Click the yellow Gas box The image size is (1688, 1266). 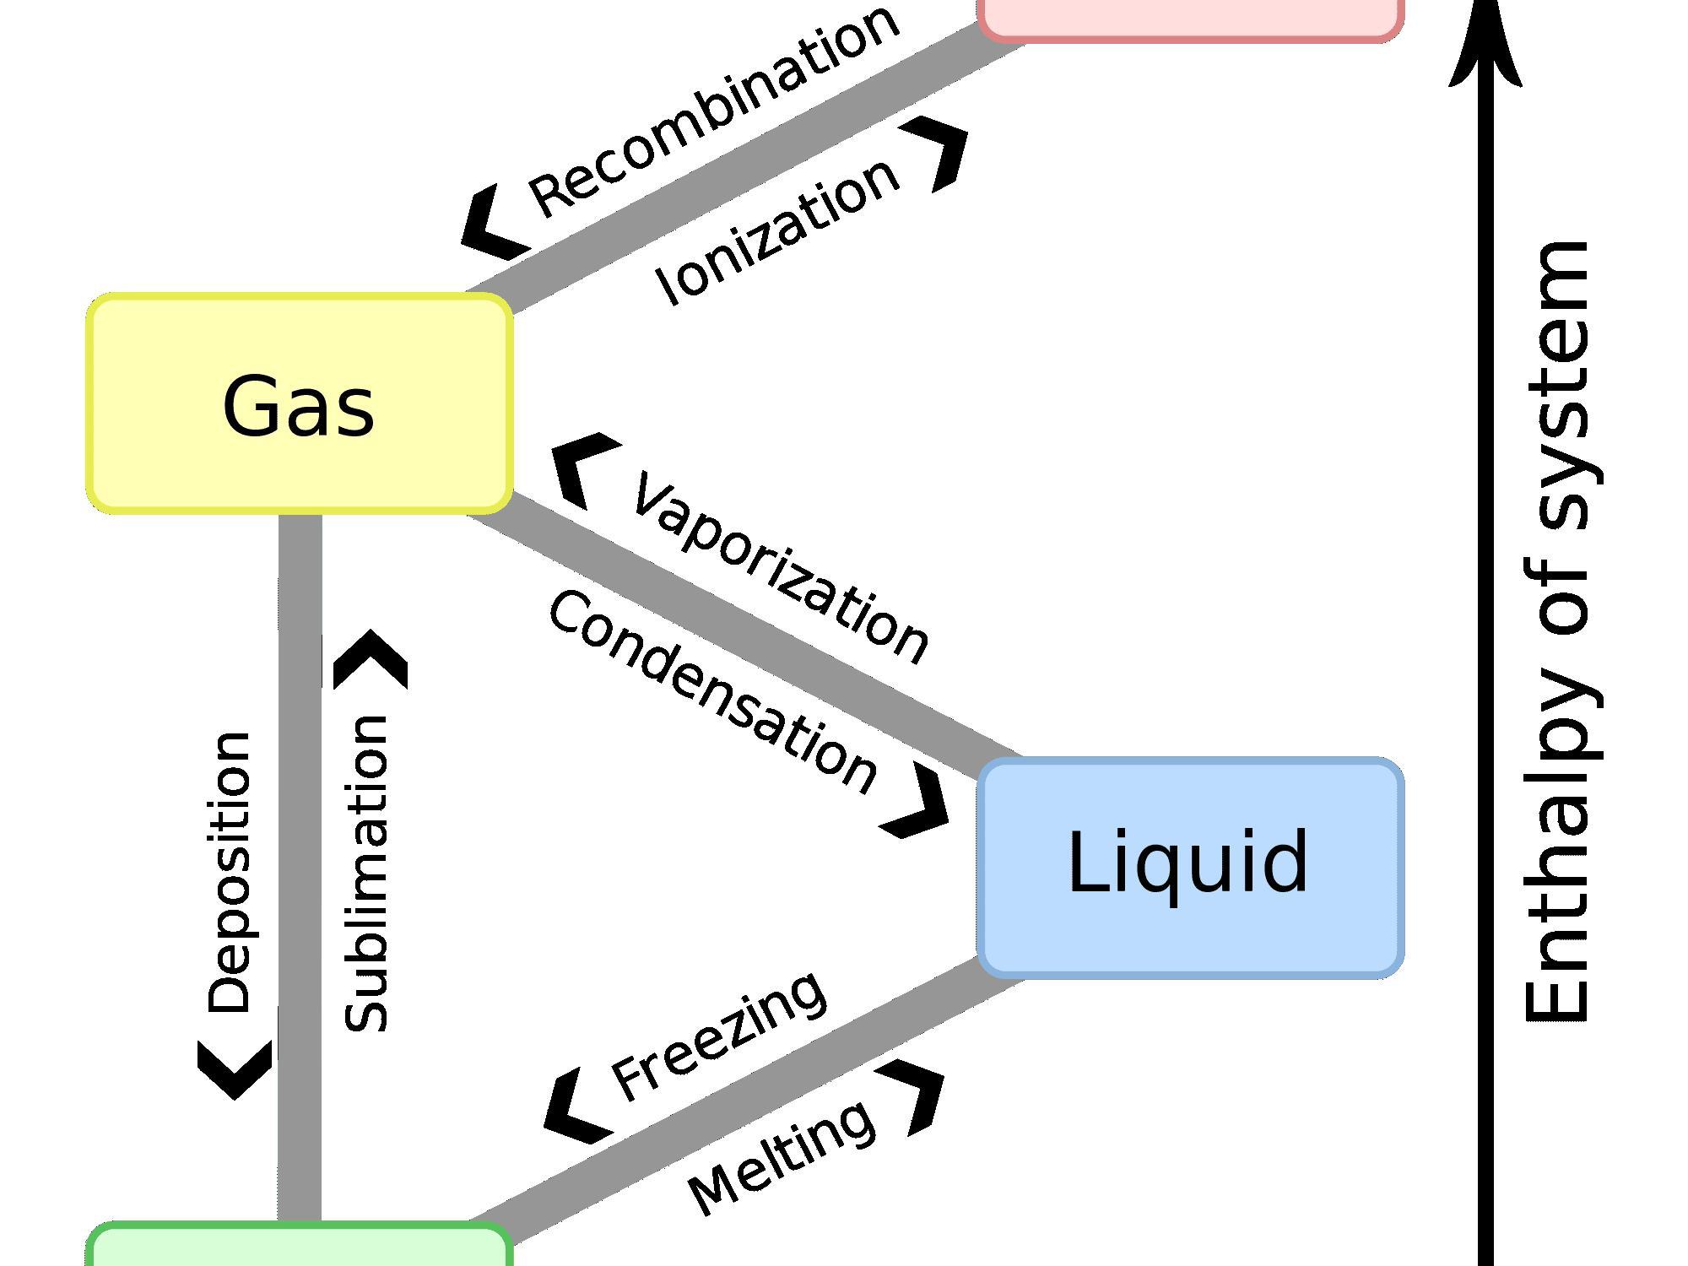[x=299, y=403]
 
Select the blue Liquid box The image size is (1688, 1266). [x=1190, y=866]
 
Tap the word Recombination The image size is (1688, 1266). [x=714, y=110]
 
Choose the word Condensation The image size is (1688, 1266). [x=713, y=692]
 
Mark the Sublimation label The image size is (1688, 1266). [x=365, y=874]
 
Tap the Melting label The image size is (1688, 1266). [x=782, y=1156]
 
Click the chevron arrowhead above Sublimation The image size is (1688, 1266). [x=371, y=660]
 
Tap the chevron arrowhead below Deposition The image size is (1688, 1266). [x=235, y=1069]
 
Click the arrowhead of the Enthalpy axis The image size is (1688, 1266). [x=1486, y=46]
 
